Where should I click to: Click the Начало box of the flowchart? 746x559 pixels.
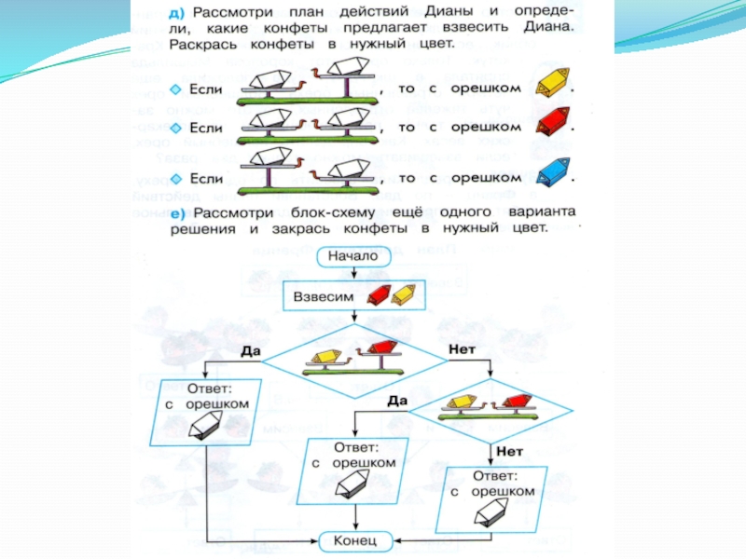click(x=352, y=255)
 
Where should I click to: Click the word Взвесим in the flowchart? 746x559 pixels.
click(x=325, y=295)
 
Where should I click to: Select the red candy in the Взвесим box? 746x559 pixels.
click(x=380, y=295)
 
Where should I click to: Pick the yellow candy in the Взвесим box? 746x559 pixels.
click(x=405, y=295)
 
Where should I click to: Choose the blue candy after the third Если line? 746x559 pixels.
click(x=554, y=170)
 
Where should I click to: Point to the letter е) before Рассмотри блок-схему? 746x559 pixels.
click(x=176, y=213)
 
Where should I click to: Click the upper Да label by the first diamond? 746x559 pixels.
click(x=249, y=351)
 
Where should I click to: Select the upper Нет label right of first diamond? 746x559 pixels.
click(x=463, y=347)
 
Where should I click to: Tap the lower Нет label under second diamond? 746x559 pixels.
click(x=510, y=449)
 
